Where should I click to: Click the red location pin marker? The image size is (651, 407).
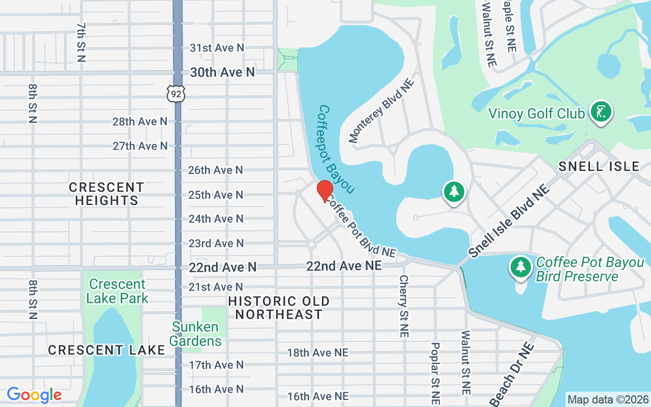(324, 191)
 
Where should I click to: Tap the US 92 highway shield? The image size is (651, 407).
(175, 94)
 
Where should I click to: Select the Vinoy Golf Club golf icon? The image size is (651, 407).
(601, 112)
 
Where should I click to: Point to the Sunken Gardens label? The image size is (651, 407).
(195, 334)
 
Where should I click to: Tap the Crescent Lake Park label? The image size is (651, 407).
(117, 291)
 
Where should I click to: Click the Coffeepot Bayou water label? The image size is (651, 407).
(336, 149)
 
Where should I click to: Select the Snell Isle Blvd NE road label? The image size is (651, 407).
(509, 221)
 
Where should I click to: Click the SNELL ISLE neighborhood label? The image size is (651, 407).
(599, 166)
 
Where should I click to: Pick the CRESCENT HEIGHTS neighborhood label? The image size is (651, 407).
(106, 194)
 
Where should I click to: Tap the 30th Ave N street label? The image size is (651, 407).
(222, 72)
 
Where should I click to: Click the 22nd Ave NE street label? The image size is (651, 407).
(344, 266)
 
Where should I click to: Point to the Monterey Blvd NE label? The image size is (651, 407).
(381, 110)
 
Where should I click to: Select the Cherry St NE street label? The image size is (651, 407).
(404, 306)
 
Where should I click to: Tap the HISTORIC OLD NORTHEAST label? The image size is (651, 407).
(279, 308)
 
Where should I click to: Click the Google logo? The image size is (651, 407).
(34, 395)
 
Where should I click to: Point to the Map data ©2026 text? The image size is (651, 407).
(608, 400)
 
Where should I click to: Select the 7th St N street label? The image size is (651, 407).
(81, 42)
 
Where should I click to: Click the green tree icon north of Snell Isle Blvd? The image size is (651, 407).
(454, 192)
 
